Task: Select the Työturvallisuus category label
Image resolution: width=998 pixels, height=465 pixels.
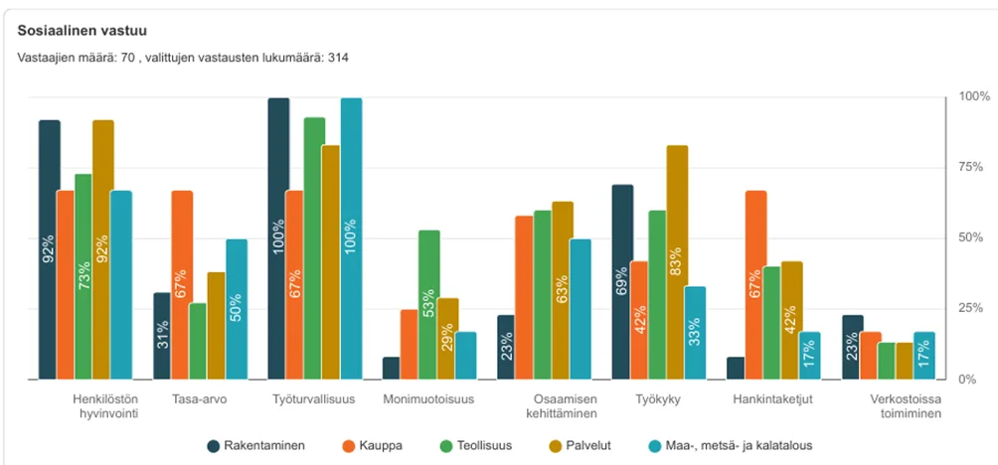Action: (x=312, y=399)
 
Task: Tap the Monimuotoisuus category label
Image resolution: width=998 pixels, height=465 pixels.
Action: (x=428, y=399)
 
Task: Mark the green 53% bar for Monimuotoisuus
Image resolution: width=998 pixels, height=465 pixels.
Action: (x=429, y=304)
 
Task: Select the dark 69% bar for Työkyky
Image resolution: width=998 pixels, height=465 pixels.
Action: (x=622, y=281)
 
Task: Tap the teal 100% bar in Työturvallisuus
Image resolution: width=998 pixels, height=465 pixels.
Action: (x=351, y=238)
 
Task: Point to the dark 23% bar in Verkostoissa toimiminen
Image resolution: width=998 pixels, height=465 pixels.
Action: (x=852, y=347)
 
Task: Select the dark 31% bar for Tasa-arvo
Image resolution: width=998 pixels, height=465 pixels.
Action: (x=163, y=336)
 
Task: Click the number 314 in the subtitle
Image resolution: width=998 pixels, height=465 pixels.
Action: (x=336, y=57)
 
